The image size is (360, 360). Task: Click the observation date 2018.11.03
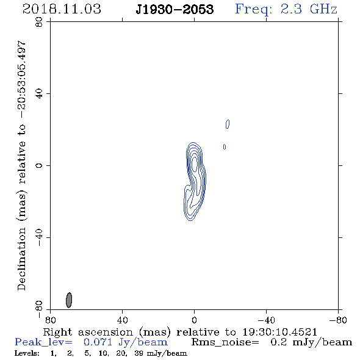tap(62, 9)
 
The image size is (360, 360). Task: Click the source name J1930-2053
tap(175, 9)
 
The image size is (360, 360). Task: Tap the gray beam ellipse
tap(69, 300)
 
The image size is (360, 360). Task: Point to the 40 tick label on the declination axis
tap(39, 94)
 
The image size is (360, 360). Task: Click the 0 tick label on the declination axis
tap(39, 165)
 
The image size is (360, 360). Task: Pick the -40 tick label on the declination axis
tap(39, 237)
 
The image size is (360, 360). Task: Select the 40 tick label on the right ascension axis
tap(122, 320)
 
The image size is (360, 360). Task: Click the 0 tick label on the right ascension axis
tap(194, 320)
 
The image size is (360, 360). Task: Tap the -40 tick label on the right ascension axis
tap(266, 320)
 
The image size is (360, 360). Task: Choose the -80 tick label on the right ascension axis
tap(338, 320)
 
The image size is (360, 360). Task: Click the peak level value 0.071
tap(98, 342)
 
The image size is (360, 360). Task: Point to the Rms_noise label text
tap(225, 342)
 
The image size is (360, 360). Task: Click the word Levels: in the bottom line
tap(27, 353)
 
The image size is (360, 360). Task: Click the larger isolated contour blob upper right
tap(228, 124)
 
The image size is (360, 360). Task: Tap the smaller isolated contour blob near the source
tap(225, 146)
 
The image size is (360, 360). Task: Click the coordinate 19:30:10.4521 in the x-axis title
tap(280, 332)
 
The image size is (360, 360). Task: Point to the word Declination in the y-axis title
tap(21, 259)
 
